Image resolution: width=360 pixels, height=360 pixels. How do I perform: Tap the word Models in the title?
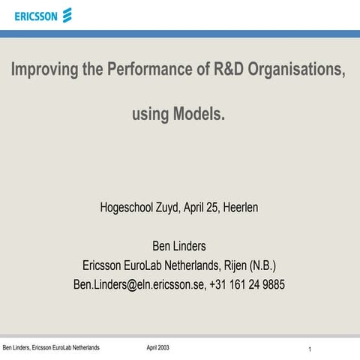(199, 115)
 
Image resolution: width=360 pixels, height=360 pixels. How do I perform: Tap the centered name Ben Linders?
(179, 246)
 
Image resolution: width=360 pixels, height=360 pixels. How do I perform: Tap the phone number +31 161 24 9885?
(248, 285)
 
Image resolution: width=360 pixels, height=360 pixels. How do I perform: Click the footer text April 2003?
(157, 348)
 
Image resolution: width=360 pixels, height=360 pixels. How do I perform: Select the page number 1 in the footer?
(310, 350)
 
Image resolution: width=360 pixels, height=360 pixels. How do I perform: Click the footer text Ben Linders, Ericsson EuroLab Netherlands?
(51, 348)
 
